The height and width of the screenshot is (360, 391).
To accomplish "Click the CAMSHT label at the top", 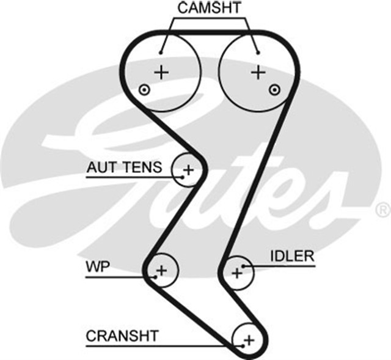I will pos(210,8).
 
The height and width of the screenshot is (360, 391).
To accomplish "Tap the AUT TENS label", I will pos(125,167).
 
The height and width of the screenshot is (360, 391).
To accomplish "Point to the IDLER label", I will pos(292,255).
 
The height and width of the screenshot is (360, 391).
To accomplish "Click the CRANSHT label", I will pos(122,336).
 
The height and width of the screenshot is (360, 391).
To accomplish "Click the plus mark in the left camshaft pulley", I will pos(161,72).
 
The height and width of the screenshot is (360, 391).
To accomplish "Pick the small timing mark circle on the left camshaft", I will pos(144,90).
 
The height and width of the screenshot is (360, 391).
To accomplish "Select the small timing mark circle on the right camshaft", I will pos(275,90).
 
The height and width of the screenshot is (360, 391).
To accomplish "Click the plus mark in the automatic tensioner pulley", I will pos(188,169).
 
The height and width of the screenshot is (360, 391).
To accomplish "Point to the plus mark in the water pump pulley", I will pos(161,269).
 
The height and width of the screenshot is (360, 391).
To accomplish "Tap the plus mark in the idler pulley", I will pos(237,273).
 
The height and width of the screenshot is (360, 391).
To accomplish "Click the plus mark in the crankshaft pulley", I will pos(248,339).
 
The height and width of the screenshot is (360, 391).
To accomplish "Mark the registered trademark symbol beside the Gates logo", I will pos(383,210).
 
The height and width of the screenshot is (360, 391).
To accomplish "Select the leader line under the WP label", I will pos(119,277).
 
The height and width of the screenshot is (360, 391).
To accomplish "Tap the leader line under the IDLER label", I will pos(281,266).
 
